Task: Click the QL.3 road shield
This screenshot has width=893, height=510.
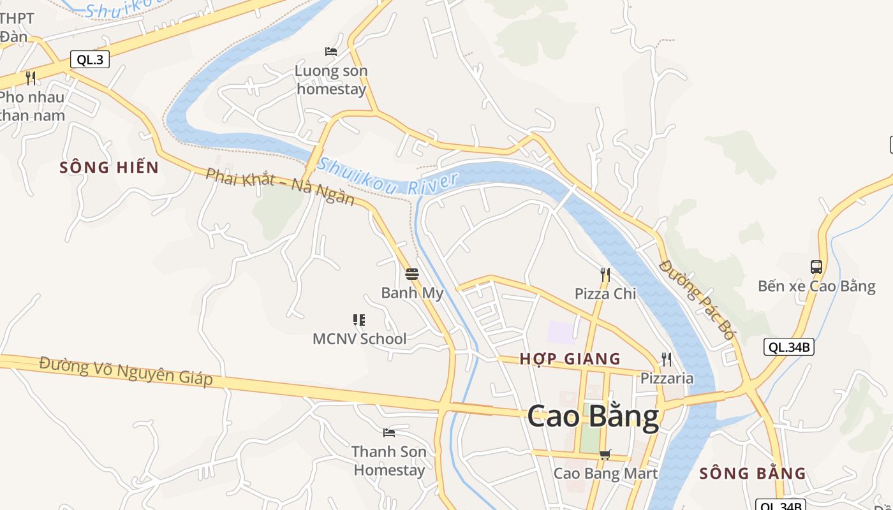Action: (x=89, y=60)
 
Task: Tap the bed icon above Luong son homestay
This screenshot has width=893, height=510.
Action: (x=331, y=52)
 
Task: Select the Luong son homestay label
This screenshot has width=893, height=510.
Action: (x=332, y=80)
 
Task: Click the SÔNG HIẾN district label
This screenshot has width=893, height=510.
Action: (x=109, y=168)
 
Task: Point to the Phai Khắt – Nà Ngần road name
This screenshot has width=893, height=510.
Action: (x=279, y=187)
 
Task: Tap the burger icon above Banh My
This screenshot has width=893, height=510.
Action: (x=412, y=274)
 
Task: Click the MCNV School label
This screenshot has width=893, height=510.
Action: (x=359, y=339)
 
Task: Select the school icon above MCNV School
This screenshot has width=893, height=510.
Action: (x=359, y=320)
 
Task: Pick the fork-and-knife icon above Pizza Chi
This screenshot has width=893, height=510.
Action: (x=605, y=275)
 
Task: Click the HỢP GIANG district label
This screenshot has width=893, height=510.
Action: (x=570, y=359)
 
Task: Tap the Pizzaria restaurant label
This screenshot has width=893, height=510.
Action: (x=667, y=379)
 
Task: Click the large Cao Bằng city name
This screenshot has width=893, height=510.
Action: (x=593, y=416)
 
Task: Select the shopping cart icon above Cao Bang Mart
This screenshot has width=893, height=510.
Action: (x=605, y=455)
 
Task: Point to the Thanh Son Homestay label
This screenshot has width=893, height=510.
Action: (x=389, y=461)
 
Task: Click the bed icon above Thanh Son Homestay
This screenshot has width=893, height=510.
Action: (x=389, y=433)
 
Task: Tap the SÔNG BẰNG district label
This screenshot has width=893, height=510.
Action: (x=753, y=474)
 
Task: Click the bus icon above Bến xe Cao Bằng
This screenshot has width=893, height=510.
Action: (x=816, y=267)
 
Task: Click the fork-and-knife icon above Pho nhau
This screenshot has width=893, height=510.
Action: (x=30, y=78)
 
